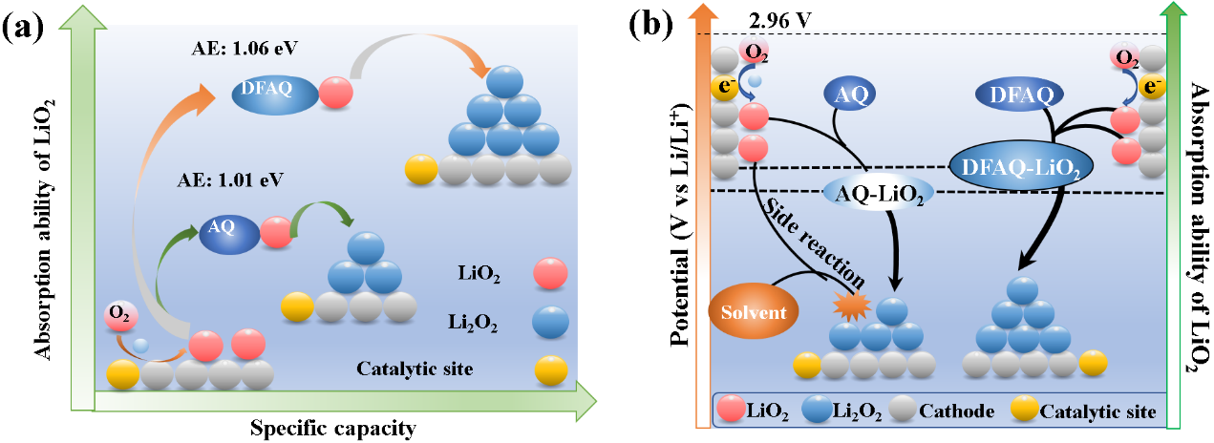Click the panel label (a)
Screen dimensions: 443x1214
pos(26,26)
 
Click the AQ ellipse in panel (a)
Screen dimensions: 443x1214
pos(228,231)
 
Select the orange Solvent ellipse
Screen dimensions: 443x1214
pos(754,313)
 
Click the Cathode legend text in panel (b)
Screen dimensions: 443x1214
pos(959,411)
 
